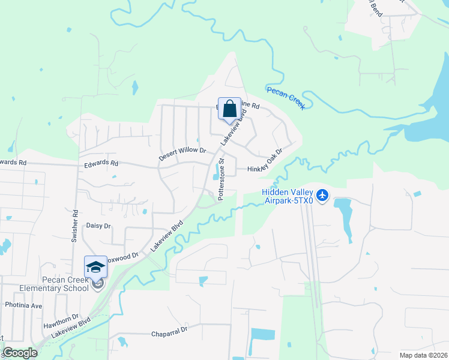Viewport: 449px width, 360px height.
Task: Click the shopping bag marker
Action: tap(229, 110)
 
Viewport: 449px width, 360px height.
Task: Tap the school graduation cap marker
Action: tap(95, 267)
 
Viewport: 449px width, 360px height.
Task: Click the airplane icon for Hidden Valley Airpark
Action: tap(323, 196)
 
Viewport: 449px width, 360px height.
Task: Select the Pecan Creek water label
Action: tap(286, 98)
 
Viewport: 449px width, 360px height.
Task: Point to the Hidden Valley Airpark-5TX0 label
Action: tap(288, 196)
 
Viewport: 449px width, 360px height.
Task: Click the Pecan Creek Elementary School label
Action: tap(53, 284)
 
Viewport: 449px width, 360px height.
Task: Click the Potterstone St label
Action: tap(221, 179)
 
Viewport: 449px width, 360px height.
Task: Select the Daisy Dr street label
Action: tap(99, 226)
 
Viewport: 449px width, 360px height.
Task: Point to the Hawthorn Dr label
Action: tap(61, 321)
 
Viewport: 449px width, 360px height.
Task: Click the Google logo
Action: tap(20, 353)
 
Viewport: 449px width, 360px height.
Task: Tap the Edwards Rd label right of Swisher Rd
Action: tap(101, 163)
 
